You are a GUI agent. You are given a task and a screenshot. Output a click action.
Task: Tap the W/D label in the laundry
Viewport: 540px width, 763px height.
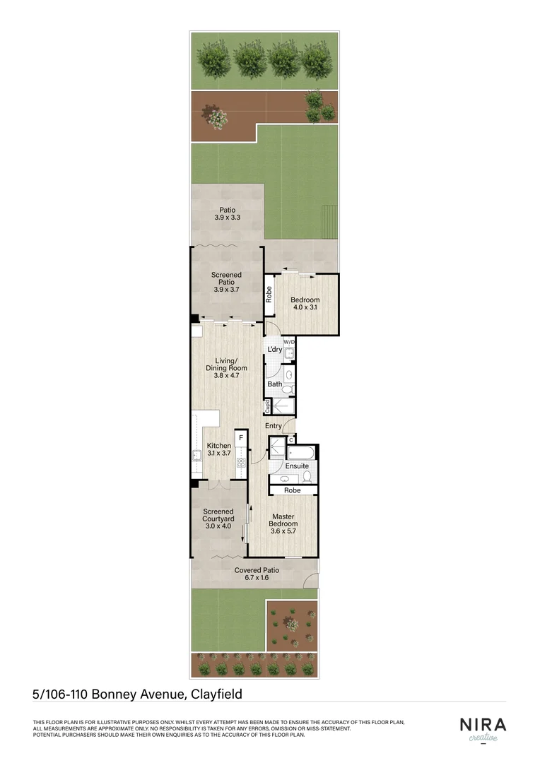289,342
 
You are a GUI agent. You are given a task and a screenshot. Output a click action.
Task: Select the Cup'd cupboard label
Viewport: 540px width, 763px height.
268,406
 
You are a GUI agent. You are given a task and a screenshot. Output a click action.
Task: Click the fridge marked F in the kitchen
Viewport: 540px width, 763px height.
241,438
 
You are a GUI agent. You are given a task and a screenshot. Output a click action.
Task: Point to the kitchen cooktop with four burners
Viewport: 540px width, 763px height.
241,463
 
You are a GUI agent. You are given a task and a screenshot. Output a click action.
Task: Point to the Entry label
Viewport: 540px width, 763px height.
274,426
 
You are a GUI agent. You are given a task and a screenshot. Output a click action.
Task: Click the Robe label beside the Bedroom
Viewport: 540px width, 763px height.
269,293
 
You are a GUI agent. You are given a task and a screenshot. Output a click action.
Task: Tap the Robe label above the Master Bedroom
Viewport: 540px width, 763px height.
292,490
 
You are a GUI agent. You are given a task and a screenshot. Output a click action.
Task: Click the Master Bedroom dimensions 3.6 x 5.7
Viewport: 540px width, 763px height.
283,532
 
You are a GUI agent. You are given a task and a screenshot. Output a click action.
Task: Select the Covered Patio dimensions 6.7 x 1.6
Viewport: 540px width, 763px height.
257,578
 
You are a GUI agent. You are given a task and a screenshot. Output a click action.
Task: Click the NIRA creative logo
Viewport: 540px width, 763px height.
482,728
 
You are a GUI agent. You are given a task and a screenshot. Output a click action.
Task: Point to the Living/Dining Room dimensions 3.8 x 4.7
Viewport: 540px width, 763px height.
227,376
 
